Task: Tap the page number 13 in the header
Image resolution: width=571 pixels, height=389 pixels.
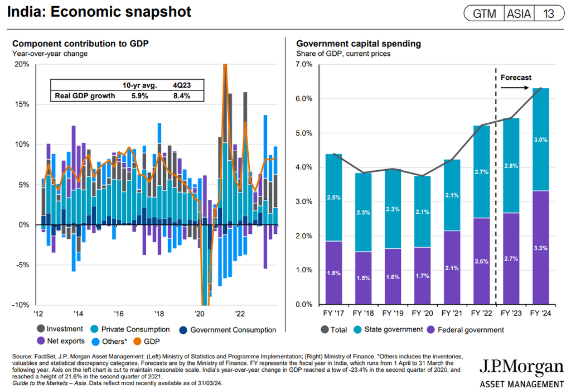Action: click(549, 13)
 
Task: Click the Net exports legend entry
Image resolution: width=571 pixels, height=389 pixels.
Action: click(61, 341)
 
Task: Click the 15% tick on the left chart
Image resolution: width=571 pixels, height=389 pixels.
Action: click(22, 104)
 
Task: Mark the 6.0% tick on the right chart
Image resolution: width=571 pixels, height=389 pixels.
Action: click(304, 99)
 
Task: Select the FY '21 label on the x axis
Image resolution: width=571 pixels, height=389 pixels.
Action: click(452, 314)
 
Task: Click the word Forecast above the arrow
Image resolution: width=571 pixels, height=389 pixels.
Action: click(516, 78)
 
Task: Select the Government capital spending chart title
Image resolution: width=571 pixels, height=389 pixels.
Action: click(359, 44)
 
